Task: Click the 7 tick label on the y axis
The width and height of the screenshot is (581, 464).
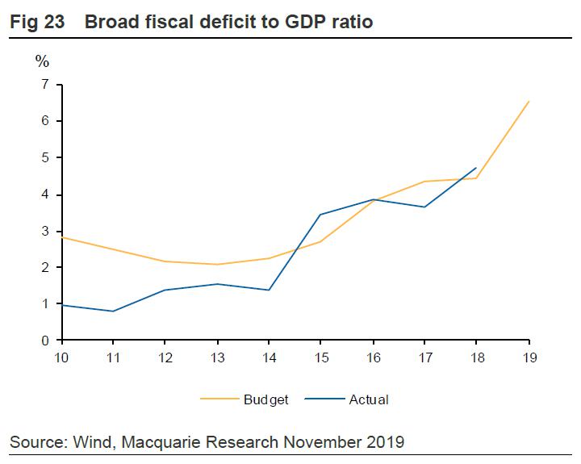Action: (45, 84)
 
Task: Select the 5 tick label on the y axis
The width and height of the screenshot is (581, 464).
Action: (45, 157)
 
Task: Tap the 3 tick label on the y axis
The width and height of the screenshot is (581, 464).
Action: (45, 231)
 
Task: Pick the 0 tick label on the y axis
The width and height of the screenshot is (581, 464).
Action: (45, 341)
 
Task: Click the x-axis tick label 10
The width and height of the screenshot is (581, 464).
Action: (61, 357)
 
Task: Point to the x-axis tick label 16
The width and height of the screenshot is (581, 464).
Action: (373, 357)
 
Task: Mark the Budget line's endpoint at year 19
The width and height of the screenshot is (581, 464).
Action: (529, 101)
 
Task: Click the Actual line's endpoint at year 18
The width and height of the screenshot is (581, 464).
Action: (476, 168)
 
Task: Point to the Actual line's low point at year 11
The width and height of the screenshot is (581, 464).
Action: (112, 311)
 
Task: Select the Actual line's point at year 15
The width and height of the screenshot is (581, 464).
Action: (320, 215)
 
